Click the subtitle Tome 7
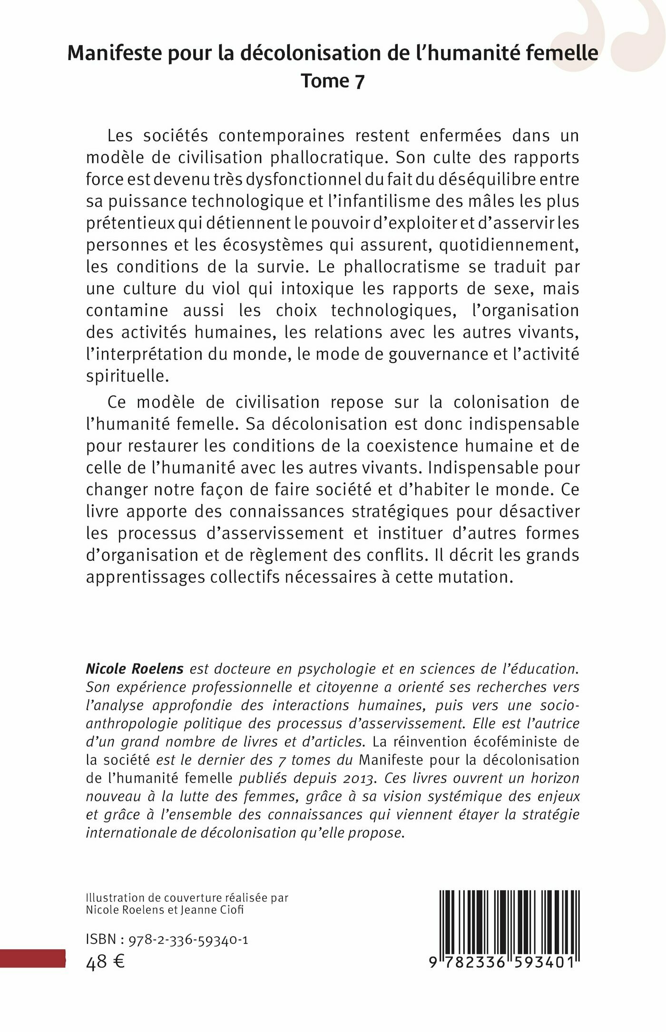333,81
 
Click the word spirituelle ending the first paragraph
127,376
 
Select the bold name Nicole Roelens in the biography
135,669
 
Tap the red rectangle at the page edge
32,958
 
